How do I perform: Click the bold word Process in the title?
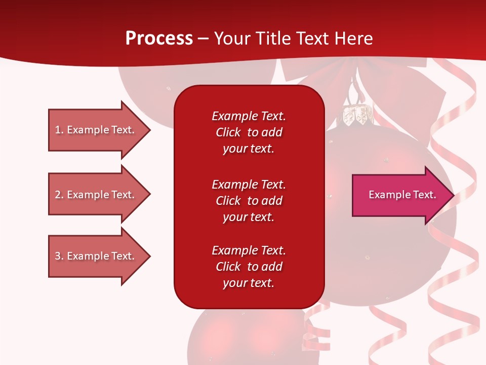click(x=159, y=38)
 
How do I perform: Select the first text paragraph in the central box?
click(x=249, y=132)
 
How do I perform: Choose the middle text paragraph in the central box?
click(x=249, y=201)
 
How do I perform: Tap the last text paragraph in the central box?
click(x=249, y=267)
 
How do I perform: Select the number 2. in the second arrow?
click(x=59, y=195)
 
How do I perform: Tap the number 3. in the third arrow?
click(x=59, y=256)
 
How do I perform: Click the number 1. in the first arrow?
click(x=59, y=130)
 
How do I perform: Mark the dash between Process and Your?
click(x=203, y=39)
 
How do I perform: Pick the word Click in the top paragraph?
click(x=228, y=132)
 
